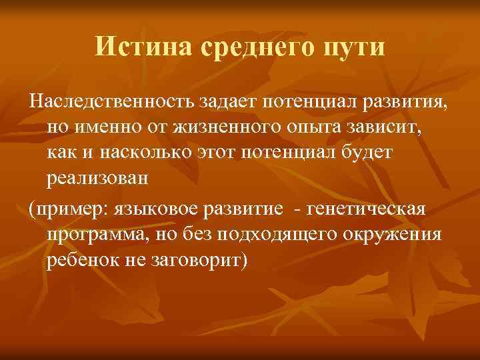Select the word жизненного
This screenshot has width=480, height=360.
click(227, 127)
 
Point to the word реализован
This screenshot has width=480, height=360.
click(98, 178)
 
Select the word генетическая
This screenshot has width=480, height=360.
click(368, 209)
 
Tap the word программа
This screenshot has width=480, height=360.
click(99, 234)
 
